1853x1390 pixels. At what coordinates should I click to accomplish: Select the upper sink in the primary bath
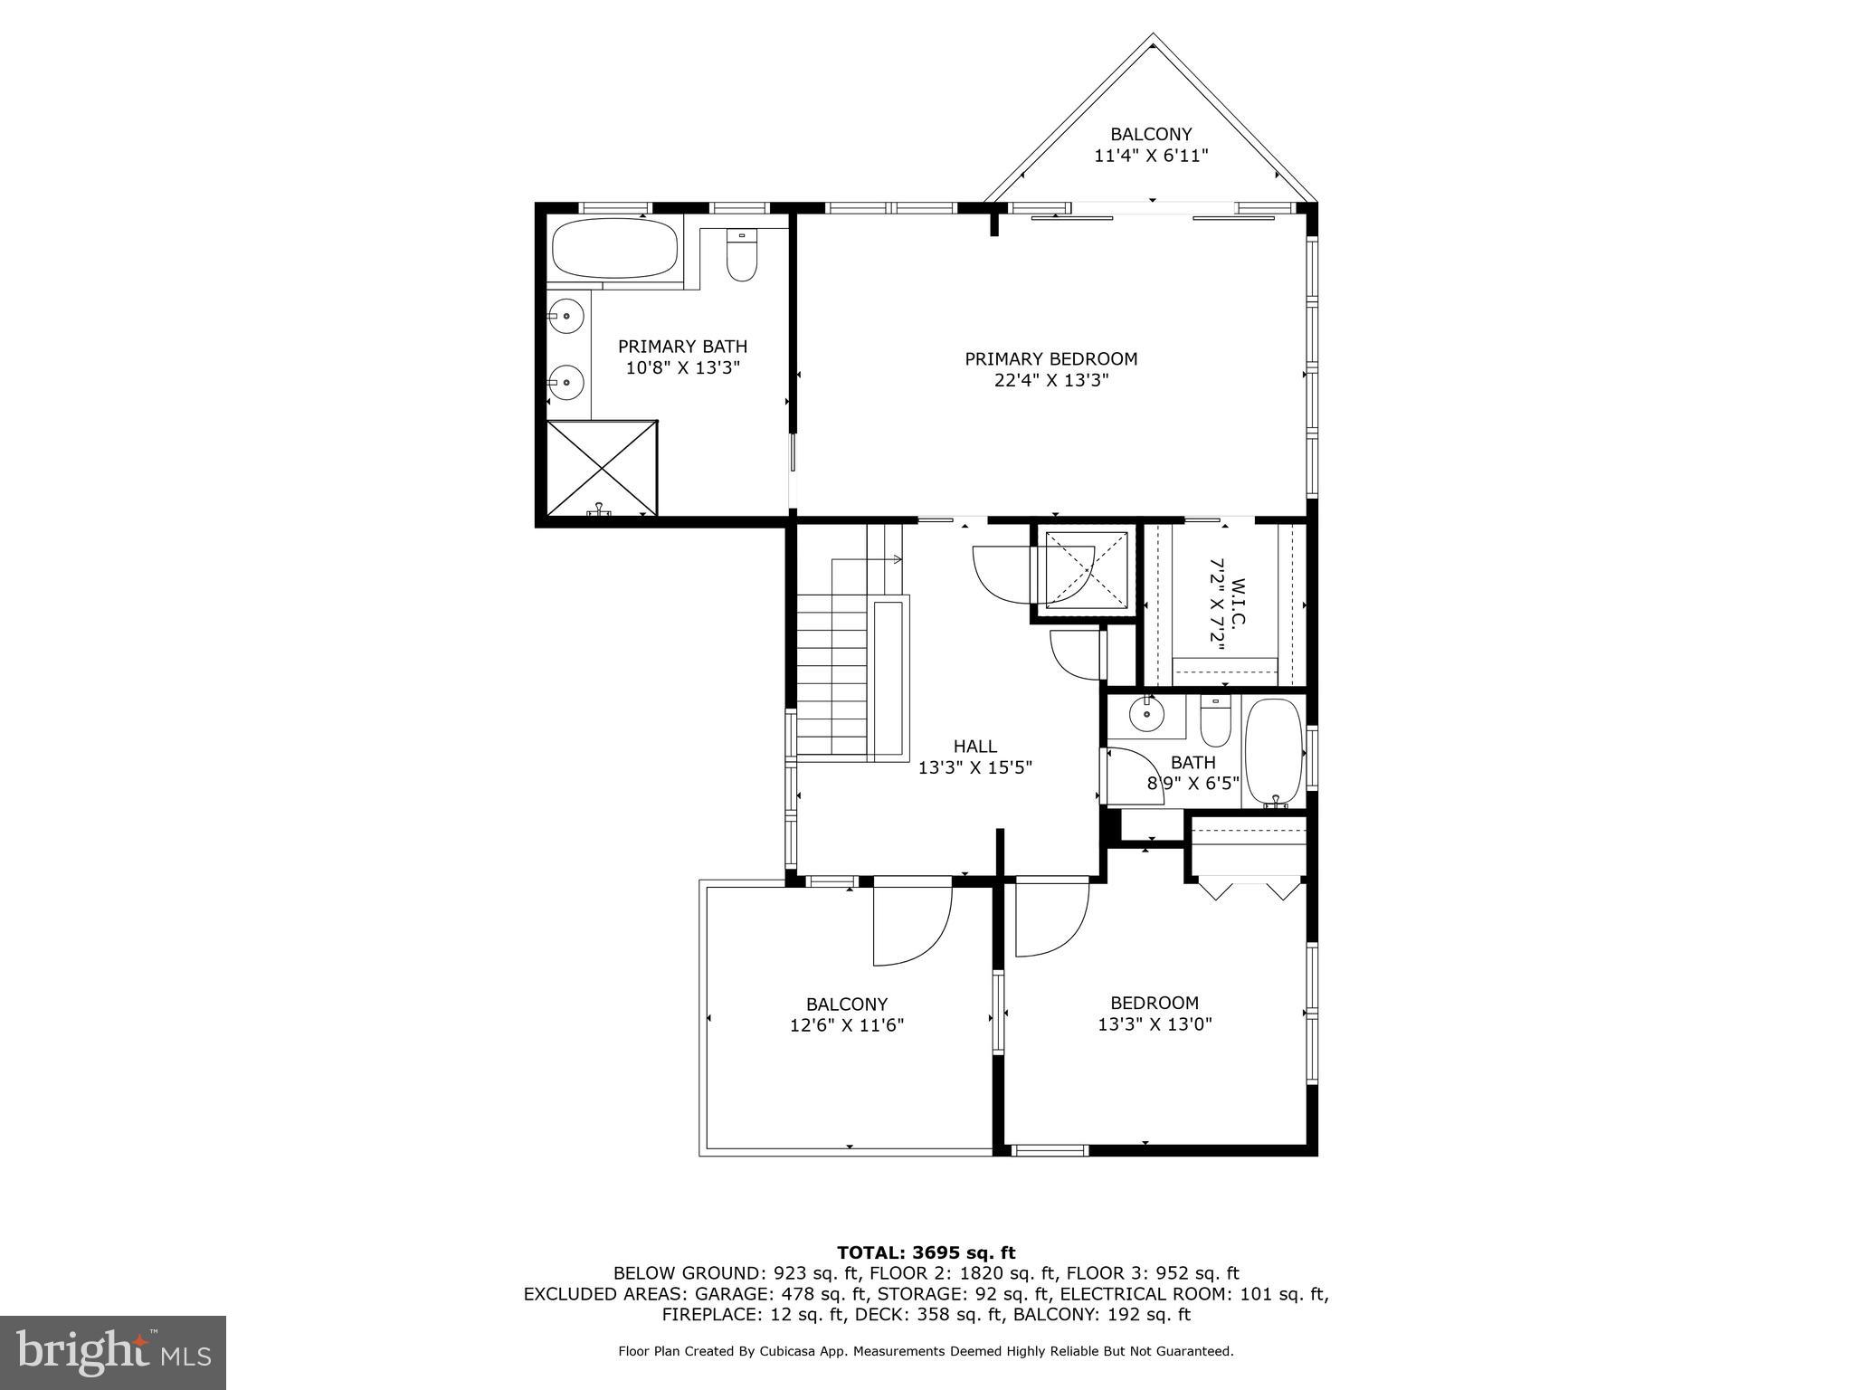[x=567, y=316]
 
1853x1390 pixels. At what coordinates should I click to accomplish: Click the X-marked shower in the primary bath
[x=602, y=468]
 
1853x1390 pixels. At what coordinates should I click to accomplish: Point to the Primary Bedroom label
[x=1050, y=359]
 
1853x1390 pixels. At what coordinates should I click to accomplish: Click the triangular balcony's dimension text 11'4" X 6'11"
[x=1151, y=156]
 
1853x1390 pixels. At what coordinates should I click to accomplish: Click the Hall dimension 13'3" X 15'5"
[x=974, y=768]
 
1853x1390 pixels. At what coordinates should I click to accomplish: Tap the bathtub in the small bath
[x=1273, y=751]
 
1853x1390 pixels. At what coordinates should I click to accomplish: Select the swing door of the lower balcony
[x=911, y=926]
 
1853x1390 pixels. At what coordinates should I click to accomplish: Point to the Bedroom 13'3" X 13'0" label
[x=1155, y=1014]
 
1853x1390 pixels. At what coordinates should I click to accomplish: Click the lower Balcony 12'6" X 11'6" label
[x=847, y=1014]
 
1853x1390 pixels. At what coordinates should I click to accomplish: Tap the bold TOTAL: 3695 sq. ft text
[x=926, y=1252]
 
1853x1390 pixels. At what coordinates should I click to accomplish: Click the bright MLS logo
[x=112, y=1353]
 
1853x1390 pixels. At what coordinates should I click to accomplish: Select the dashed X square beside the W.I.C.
[x=1086, y=569]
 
